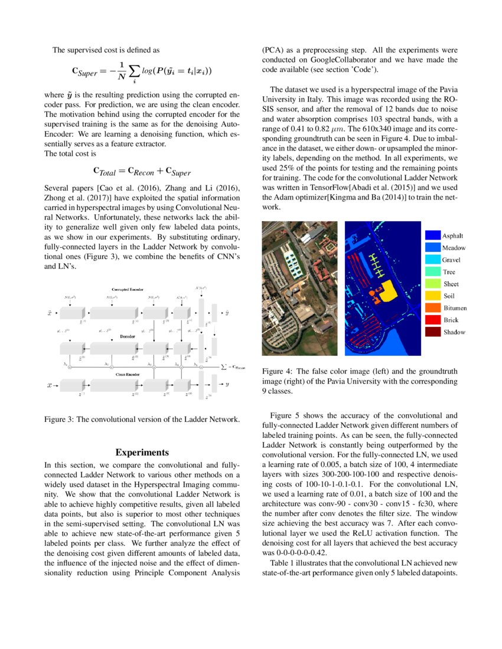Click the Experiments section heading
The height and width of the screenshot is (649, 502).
pyautogui.click(x=142, y=453)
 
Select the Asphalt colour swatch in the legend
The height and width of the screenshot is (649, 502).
pyautogui.click(x=432, y=235)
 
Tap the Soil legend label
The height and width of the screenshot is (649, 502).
pyautogui.click(x=449, y=296)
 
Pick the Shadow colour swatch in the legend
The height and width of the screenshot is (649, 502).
pyautogui.click(x=432, y=332)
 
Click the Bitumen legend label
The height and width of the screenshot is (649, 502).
pyautogui.click(x=454, y=308)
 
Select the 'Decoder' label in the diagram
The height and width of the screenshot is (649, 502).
pyautogui.click(x=128, y=336)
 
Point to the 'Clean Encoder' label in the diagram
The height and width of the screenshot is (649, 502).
pyautogui.click(x=128, y=374)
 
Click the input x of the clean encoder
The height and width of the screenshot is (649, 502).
pyautogui.click(x=49, y=385)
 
